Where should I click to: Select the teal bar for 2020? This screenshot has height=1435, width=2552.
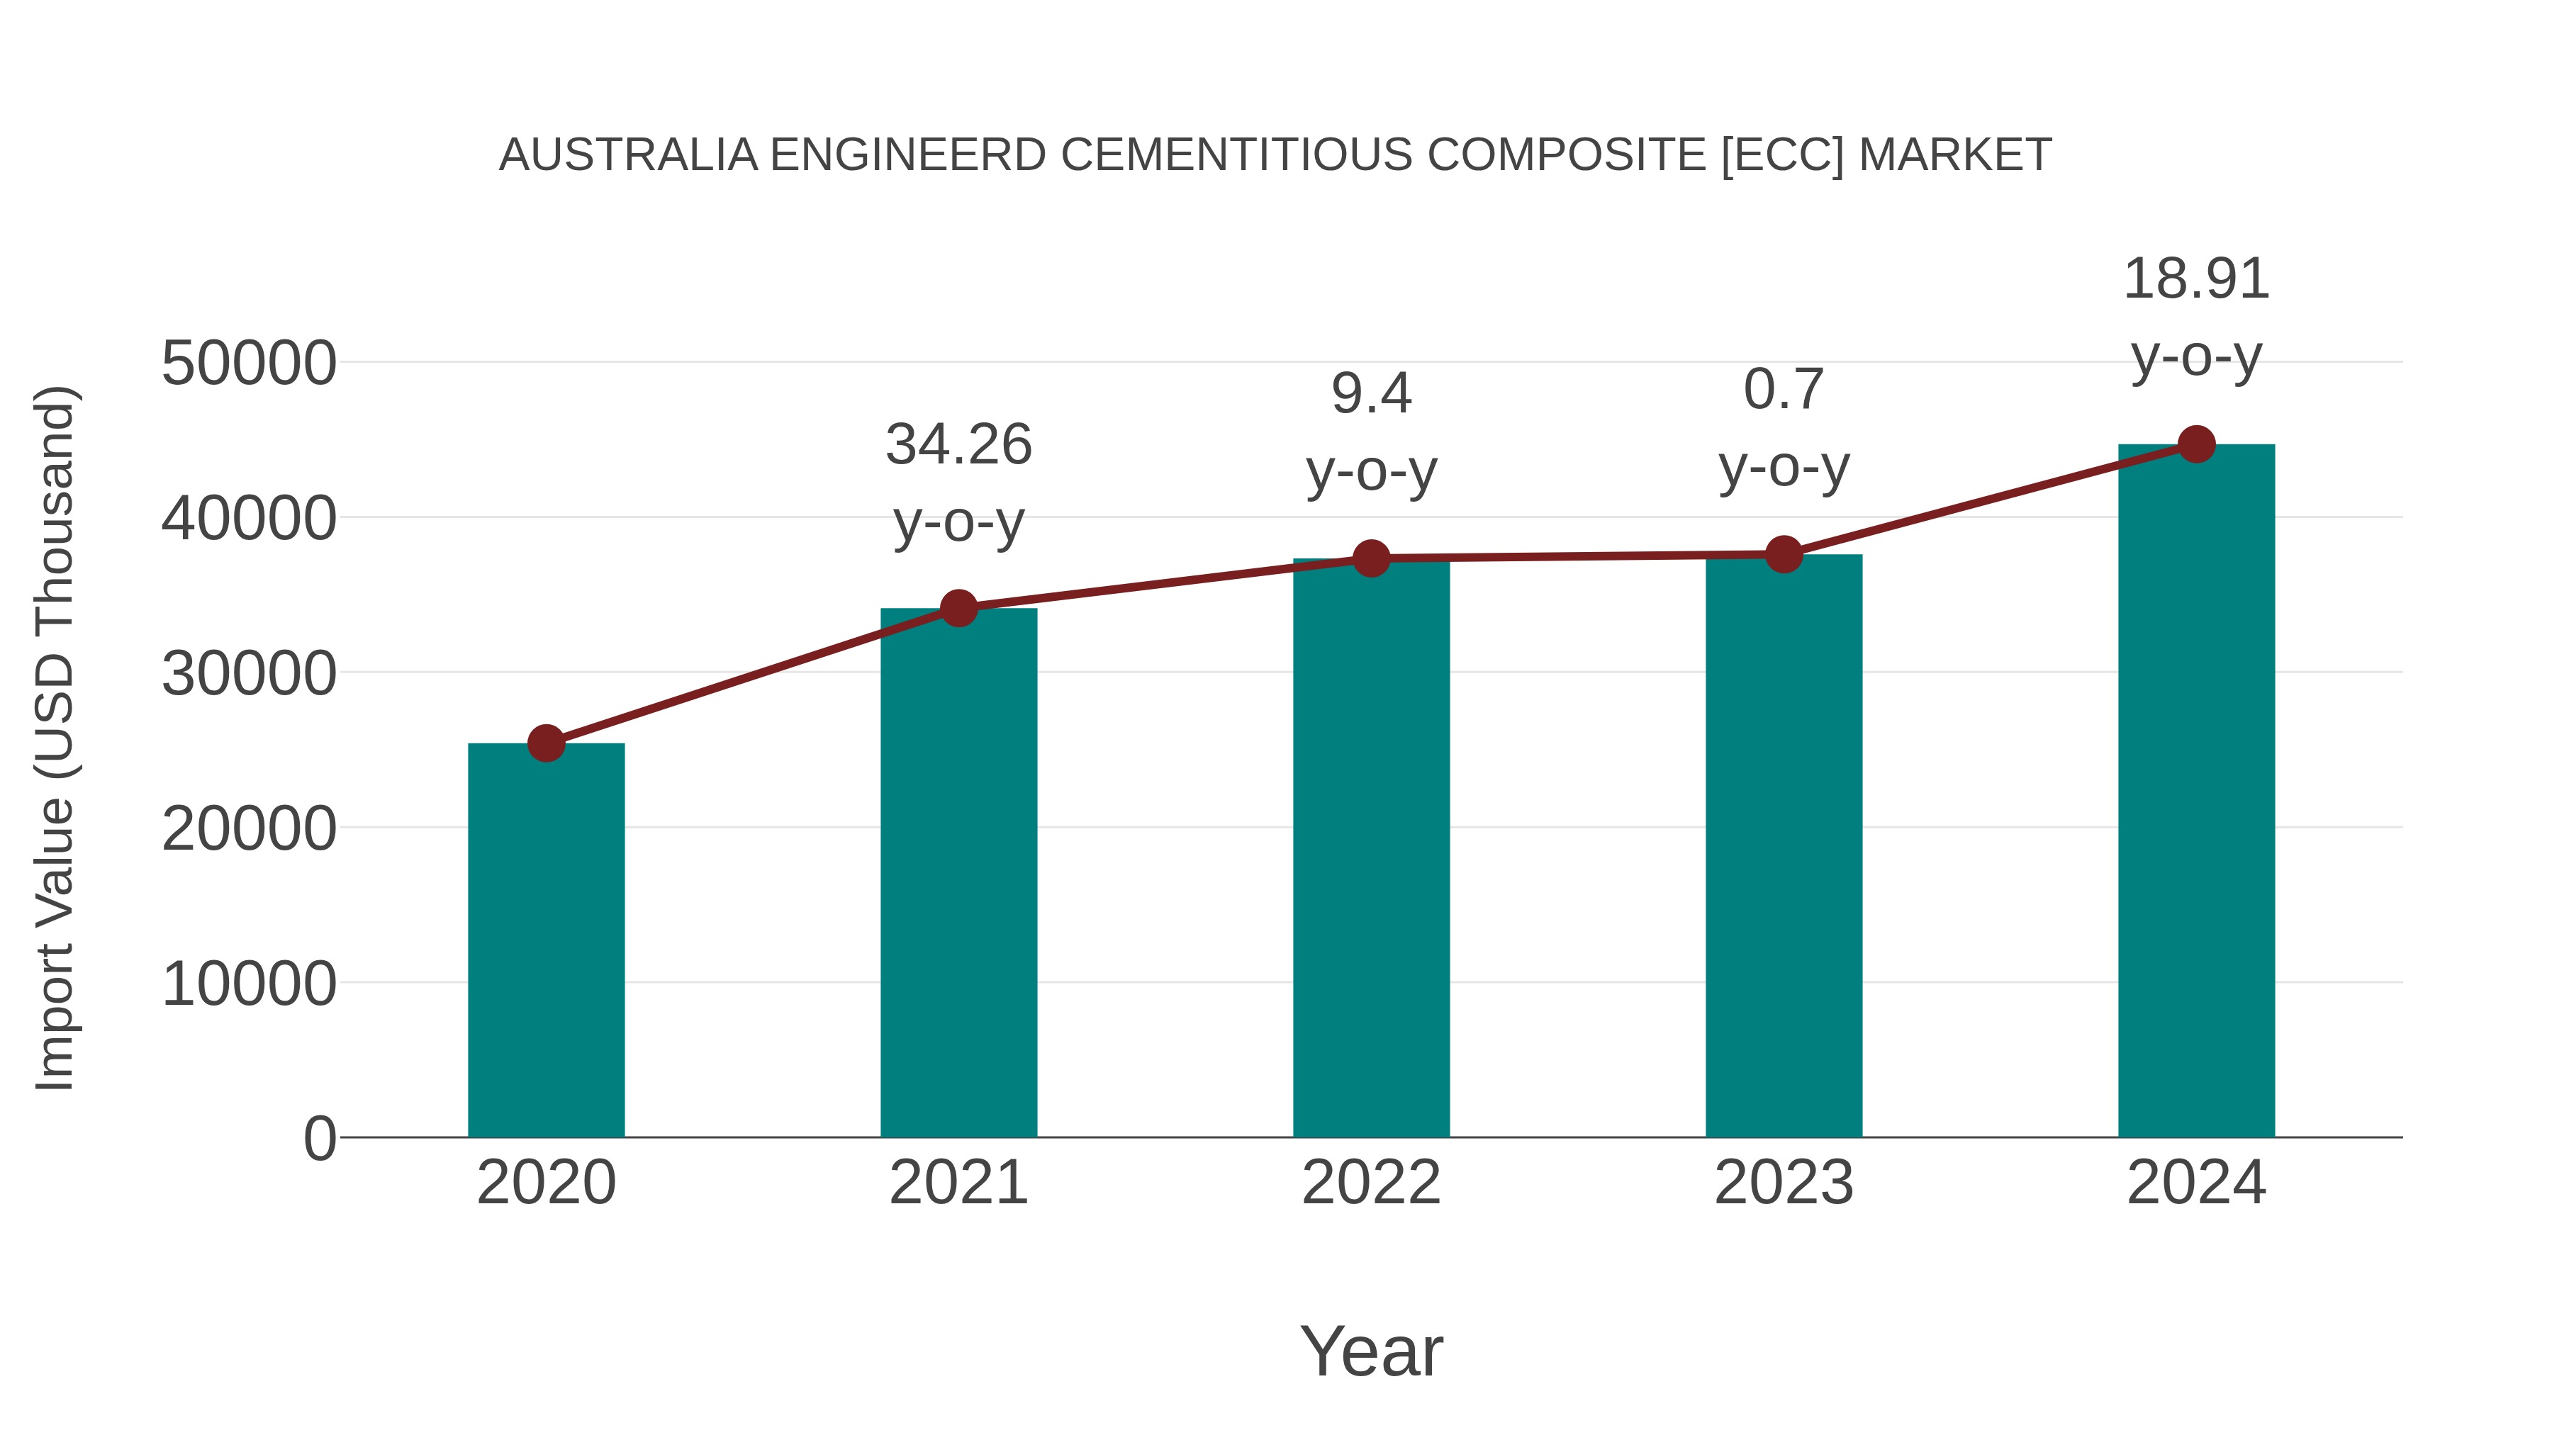click(x=546, y=941)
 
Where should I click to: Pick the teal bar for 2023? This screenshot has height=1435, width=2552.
click(x=1784, y=847)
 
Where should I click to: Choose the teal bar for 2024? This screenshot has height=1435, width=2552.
click(x=2196, y=792)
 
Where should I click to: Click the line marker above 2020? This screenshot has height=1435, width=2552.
click(x=546, y=743)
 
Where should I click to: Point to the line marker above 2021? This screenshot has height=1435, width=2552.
click(x=958, y=608)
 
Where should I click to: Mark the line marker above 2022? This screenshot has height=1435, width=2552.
click(x=1371, y=558)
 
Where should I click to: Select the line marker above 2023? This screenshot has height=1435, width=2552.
click(x=1784, y=555)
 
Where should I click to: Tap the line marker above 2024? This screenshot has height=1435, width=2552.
click(x=2196, y=444)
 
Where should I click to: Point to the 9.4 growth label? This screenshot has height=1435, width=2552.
click(x=1371, y=394)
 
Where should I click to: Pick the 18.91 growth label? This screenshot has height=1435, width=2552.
click(x=2196, y=279)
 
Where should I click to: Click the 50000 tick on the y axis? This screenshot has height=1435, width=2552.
click(x=249, y=364)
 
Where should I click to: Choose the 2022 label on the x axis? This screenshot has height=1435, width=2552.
click(x=1371, y=1183)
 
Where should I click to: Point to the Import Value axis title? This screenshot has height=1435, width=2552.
click(x=55, y=738)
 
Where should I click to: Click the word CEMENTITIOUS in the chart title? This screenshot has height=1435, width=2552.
click(x=1236, y=155)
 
